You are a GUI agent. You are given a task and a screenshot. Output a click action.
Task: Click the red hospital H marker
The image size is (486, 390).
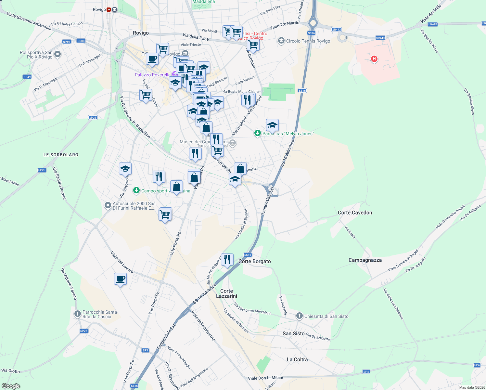[374, 59]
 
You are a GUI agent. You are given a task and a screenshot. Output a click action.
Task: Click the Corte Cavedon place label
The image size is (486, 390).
[355, 213]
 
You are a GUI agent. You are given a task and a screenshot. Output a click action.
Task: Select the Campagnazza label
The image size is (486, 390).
[365, 260]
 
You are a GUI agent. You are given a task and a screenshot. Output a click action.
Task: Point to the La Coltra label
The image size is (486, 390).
[297, 359]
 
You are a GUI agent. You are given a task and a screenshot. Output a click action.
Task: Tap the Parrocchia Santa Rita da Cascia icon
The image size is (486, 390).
[77, 314]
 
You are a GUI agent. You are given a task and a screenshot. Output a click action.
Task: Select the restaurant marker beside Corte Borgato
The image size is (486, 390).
[227, 260]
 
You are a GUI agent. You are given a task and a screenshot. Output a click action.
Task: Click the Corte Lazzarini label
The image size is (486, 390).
[226, 293]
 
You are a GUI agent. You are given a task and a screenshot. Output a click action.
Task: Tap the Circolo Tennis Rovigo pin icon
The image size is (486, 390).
[281, 41]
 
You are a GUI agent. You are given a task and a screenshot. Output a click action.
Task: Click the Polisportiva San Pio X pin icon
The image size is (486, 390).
[58, 54]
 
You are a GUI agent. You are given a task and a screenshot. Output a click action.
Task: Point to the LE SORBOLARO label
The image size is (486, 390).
[61, 155]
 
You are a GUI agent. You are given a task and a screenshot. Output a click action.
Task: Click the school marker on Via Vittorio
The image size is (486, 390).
[125, 169]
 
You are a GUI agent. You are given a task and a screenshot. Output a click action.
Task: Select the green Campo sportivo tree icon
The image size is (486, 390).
[136, 190]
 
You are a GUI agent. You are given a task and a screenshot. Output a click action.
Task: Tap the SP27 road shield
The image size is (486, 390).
[83, 331]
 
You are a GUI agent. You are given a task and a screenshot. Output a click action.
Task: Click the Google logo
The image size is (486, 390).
[11, 386]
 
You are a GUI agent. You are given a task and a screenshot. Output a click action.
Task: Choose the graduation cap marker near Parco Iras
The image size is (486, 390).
[272, 125]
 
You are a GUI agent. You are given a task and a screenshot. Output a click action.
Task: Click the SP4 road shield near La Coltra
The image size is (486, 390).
[366, 371]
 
